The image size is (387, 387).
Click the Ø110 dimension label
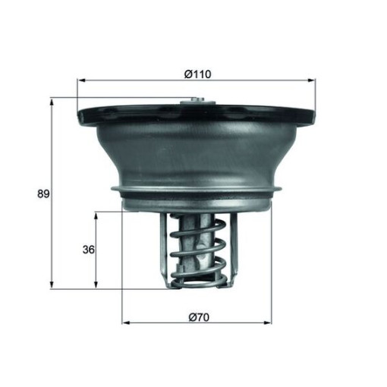point(197,74)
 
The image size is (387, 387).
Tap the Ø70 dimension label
point(199,317)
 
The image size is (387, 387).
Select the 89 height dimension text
point(43,194)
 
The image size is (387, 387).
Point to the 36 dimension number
point(89,250)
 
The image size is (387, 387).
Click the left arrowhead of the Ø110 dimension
point(81,80)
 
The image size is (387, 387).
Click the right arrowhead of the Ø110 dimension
point(311,80)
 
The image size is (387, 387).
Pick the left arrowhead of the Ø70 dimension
point(126,322)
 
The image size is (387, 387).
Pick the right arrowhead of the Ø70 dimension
point(268,322)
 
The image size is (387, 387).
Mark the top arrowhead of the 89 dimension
point(52,102)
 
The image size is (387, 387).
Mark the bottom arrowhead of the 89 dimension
point(52,285)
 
